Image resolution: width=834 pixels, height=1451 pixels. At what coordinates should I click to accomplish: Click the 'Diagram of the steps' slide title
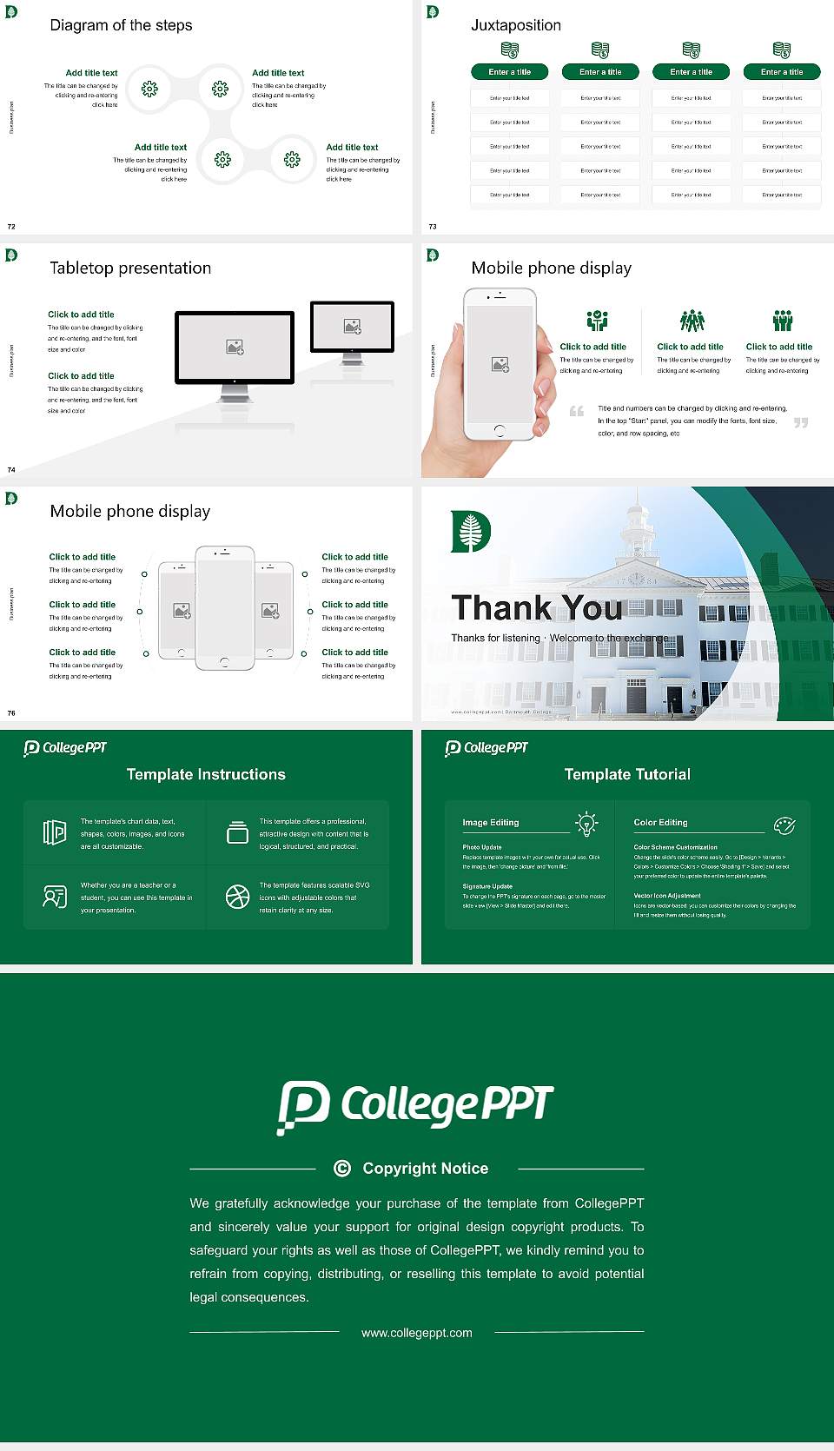pyautogui.click(x=121, y=25)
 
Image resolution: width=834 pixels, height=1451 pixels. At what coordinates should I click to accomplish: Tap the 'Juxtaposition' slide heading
pyautogui.click(x=515, y=25)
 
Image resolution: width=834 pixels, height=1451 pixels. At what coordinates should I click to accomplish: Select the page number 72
pyautogui.click(x=11, y=226)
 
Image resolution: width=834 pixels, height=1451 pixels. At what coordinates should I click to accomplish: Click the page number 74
pyautogui.click(x=11, y=469)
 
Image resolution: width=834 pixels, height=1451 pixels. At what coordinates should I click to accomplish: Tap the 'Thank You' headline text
pyautogui.click(x=536, y=607)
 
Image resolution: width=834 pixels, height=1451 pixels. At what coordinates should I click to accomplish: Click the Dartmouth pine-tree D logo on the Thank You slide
pyautogui.click(x=471, y=532)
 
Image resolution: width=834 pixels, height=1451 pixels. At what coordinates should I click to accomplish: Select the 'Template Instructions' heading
pyautogui.click(x=206, y=774)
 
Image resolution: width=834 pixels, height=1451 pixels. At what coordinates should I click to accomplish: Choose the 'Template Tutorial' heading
pyautogui.click(x=627, y=774)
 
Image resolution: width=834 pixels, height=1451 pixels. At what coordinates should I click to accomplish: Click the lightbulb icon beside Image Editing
pyautogui.click(x=587, y=824)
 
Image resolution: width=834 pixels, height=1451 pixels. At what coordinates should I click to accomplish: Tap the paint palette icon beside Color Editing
pyautogui.click(x=784, y=825)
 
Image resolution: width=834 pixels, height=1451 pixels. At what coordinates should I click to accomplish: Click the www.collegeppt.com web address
pyautogui.click(x=417, y=1333)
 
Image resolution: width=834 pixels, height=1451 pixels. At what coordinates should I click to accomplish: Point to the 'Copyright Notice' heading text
pyautogui.click(x=426, y=1169)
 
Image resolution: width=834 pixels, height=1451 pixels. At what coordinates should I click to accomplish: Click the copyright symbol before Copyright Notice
pyautogui.click(x=342, y=1169)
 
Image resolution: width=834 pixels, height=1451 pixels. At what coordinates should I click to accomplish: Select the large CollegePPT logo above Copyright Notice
pyautogui.click(x=415, y=1106)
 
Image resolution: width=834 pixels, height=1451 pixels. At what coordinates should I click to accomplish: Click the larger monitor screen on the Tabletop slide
pyautogui.click(x=235, y=347)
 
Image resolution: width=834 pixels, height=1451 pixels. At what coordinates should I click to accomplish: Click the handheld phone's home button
pyautogui.click(x=499, y=430)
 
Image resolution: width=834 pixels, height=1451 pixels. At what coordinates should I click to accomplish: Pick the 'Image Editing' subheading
pyautogui.click(x=491, y=822)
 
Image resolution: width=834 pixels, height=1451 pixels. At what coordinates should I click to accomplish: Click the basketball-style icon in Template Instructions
pyautogui.click(x=237, y=897)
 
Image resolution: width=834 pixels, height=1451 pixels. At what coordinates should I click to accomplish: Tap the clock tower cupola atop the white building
pyautogui.click(x=639, y=522)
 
